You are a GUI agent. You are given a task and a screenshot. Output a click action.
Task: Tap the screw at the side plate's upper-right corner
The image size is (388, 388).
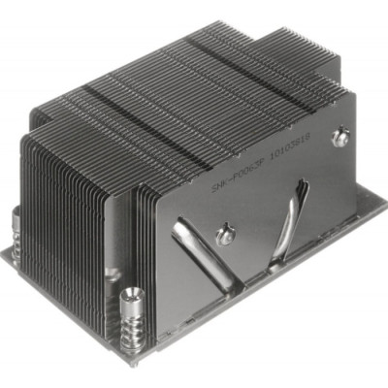[x=339, y=138]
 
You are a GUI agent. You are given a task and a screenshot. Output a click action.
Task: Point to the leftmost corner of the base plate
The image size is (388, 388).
[x=3, y=254]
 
